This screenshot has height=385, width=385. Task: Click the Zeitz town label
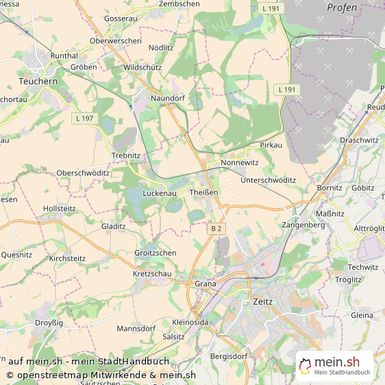pyautogui.click(x=263, y=301)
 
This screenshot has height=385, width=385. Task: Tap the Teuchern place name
pyautogui.click(x=38, y=80)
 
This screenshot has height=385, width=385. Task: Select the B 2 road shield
pyautogui.click(x=216, y=228)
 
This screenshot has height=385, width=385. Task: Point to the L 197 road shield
pyautogui.click(x=84, y=119)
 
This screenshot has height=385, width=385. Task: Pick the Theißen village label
pyautogui.click(x=204, y=192)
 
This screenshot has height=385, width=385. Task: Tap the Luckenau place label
pyautogui.click(x=160, y=194)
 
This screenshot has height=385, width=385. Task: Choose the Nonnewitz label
pyautogui.click(x=240, y=163)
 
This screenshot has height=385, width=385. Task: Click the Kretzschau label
pyautogui.click(x=153, y=273)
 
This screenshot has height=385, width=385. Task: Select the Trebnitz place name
pyautogui.click(x=125, y=156)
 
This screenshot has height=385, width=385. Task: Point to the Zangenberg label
pyautogui.click(x=303, y=225)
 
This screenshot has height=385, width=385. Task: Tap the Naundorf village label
pyautogui.click(x=168, y=99)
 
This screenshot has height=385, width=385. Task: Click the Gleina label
pyautogui.click(x=362, y=315)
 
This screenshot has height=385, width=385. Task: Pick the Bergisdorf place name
pyautogui.click(x=228, y=356)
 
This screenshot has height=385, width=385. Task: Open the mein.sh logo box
pyautogui.click(x=334, y=366)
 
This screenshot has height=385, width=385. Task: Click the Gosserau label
pyautogui.click(x=121, y=17)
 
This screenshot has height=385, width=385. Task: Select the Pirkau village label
pyautogui.click(x=272, y=146)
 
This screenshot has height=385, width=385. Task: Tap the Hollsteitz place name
pyautogui.click(x=59, y=208)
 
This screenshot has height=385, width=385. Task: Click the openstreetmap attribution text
pyautogui.click(x=101, y=375)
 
